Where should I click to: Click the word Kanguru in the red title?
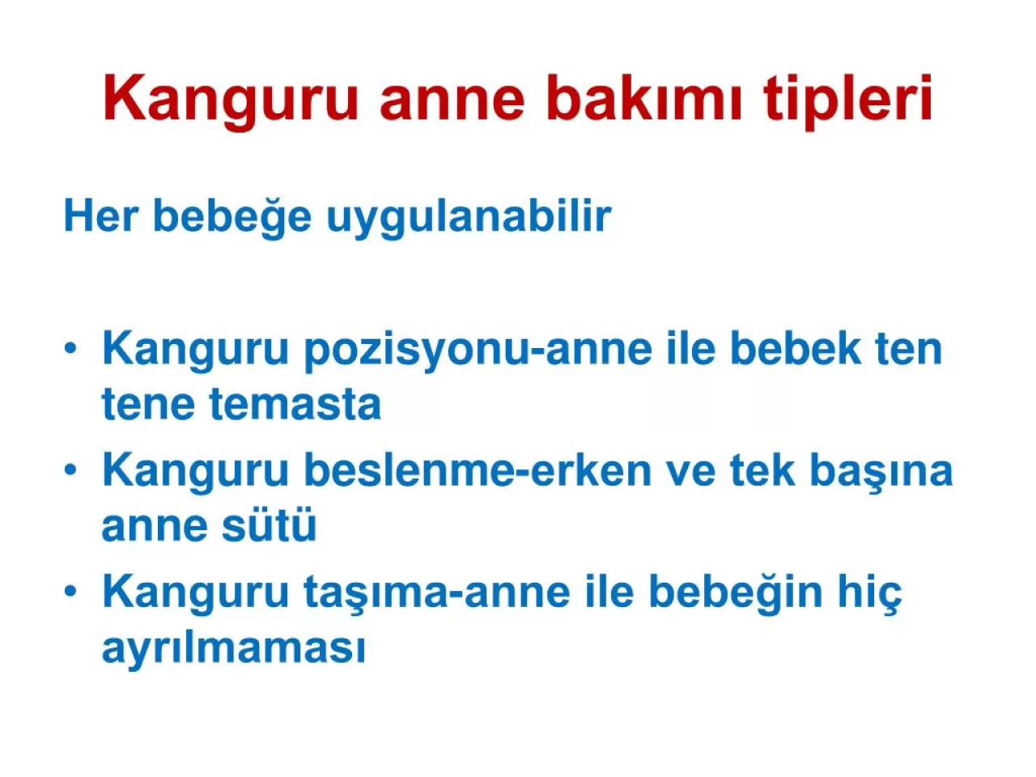tap(230, 99)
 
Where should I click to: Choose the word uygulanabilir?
tap(469, 216)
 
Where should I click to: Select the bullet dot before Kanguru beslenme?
tap(72, 470)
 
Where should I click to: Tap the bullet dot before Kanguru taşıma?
tap(72, 592)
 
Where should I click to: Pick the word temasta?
tap(295, 404)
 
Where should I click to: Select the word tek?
tap(762, 470)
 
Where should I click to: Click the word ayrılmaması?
tap(234, 648)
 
